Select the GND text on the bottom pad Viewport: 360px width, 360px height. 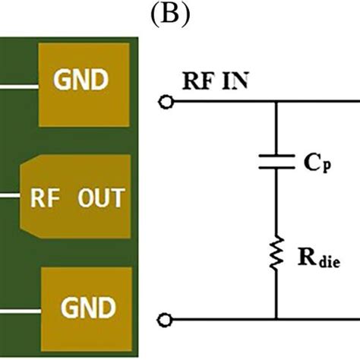89,308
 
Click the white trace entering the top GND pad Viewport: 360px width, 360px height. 18,86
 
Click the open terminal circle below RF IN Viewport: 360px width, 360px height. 166,102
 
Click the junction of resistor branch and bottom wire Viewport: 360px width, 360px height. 276,318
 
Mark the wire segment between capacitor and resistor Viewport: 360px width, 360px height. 276,201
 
